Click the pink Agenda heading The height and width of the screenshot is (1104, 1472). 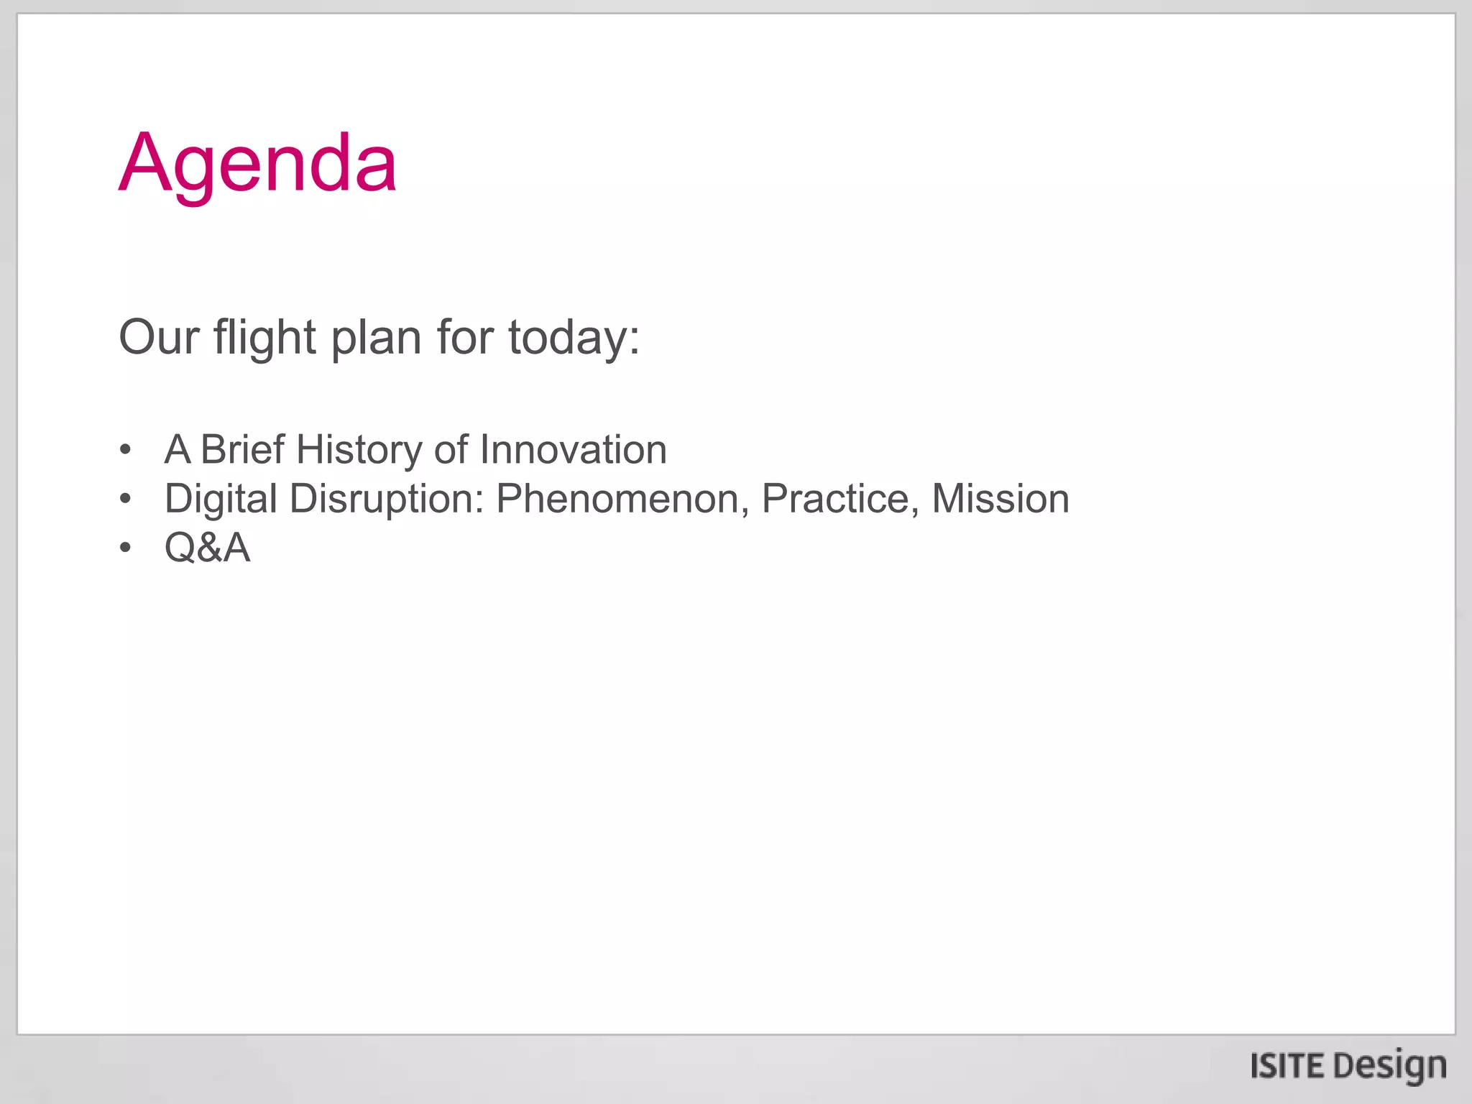pos(257,164)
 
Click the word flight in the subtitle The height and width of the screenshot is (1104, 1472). pos(264,338)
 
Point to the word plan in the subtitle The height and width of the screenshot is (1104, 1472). pos(375,338)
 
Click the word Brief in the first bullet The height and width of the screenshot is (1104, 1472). pos(242,450)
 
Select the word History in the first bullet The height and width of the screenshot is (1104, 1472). pos(359,450)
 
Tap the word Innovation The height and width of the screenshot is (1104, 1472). pos(573,450)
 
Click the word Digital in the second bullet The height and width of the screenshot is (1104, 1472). pos(221,499)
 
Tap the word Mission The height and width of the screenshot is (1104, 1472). pos(1000,499)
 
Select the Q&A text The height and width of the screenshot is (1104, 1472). pos(207,548)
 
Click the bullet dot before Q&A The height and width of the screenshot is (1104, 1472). pos(126,548)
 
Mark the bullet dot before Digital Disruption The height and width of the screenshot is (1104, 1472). pos(126,499)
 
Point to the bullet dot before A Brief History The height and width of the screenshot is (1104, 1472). pos(126,451)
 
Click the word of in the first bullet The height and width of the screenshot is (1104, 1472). pos(451,450)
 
